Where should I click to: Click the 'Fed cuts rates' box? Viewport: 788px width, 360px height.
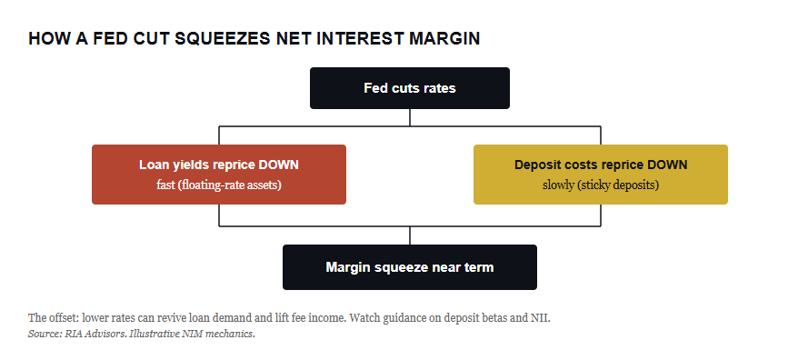point(410,88)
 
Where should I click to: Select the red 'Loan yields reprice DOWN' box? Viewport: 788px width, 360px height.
point(219,175)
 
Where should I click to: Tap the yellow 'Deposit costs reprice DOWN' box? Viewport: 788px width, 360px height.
point(601,175)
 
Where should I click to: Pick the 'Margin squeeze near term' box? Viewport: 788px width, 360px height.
point(410,267)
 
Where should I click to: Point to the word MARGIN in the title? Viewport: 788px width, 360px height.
point(444,39)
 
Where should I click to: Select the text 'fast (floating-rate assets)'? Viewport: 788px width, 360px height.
point(219,185)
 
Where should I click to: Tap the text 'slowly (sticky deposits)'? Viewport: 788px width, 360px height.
point(601,185)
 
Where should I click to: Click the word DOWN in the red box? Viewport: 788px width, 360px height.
point(281,165)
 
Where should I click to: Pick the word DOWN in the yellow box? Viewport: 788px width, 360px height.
point(670,165)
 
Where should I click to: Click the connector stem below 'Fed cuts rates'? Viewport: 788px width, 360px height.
point(410,117)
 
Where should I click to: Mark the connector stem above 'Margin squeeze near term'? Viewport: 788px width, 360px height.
point(410,235)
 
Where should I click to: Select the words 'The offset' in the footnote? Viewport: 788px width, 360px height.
point(53,318)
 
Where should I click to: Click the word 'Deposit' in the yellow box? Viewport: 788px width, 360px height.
point(534,165)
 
